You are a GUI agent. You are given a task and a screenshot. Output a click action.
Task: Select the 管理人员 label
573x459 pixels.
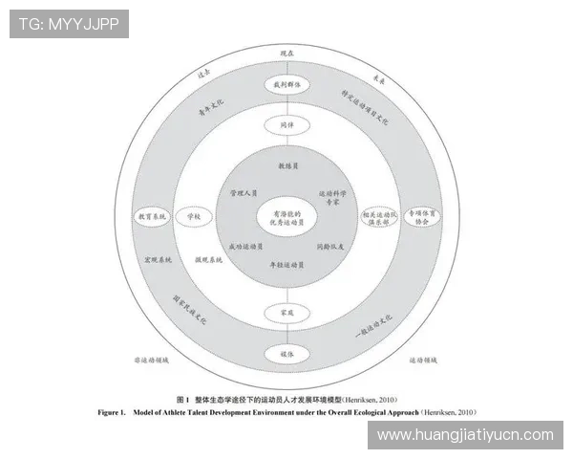click(244, 193)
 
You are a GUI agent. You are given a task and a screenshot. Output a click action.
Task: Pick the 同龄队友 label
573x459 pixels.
click(329, 246)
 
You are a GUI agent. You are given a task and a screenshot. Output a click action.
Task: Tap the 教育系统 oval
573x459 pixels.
click(151, 217)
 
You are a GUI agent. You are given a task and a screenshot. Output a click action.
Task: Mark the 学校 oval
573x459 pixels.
click(194, 217)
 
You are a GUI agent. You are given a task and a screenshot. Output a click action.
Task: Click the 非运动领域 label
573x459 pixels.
click(152, 361)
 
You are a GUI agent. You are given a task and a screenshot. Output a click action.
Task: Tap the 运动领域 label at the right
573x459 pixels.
click(422, 361)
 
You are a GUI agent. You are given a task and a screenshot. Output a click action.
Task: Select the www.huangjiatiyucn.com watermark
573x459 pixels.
click(465, 435)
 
